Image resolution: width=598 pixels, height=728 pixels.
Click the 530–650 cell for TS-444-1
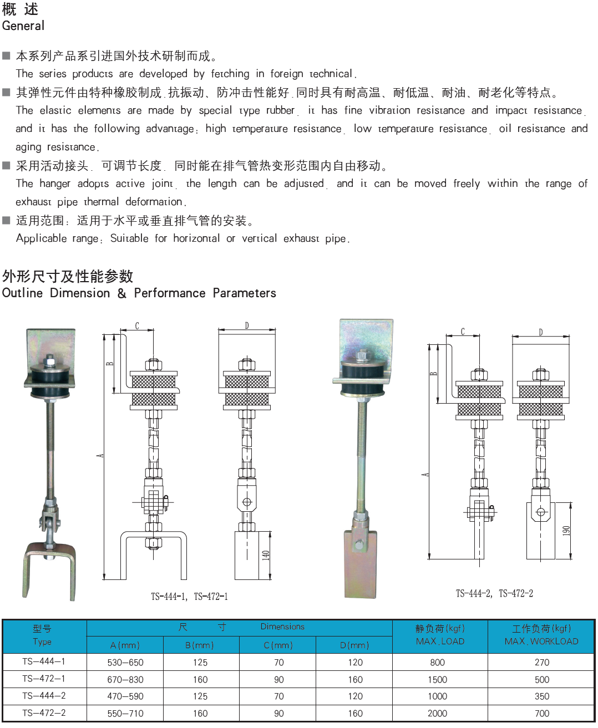click(x=125, y=663)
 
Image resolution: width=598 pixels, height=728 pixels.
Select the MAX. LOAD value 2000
click(x=437, y=713)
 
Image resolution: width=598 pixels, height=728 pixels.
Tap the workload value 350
click(x=541, y=696)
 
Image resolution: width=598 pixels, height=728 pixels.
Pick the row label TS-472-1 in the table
click(x=44, y=679)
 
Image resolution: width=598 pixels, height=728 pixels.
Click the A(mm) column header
click(x=125, y=645)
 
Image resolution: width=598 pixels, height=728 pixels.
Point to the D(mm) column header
click(x=354, y=645)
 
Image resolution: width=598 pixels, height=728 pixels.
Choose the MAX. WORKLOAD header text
click(x=541, y=642)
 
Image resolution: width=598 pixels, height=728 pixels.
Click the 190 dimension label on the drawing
click(x=566, y=531)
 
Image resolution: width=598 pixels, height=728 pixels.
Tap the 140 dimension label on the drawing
click(x=266, y=556)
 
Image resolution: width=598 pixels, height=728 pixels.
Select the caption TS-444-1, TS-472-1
click(x=189, y=597)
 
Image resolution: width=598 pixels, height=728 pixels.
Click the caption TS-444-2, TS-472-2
click(x=494, y=593)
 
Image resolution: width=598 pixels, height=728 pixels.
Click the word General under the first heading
click(x=23, y=26)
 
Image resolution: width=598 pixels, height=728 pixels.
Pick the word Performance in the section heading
click(x=170, y=293)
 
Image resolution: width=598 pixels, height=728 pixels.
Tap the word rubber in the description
click(x=280, y=110)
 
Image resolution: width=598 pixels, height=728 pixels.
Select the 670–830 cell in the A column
click(x=125, y=680)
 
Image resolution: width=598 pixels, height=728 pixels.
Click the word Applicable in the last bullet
click(x=41, y=238)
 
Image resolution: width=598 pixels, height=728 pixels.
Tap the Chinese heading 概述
click(x=20, y=9)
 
